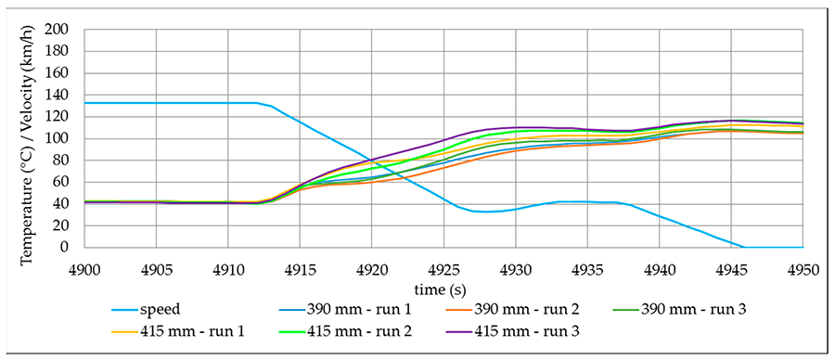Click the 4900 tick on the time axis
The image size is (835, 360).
pyautogui.click(x=84, y=266)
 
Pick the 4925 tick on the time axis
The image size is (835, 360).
pyautogui.click(x=443, y=266)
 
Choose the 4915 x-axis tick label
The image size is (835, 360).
pyautogui.click(x=300, y=266)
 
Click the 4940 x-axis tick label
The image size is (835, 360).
pyautogui.click(x=659, y=266)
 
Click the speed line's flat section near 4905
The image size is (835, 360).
pyautogui.click(x=156, y=103)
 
